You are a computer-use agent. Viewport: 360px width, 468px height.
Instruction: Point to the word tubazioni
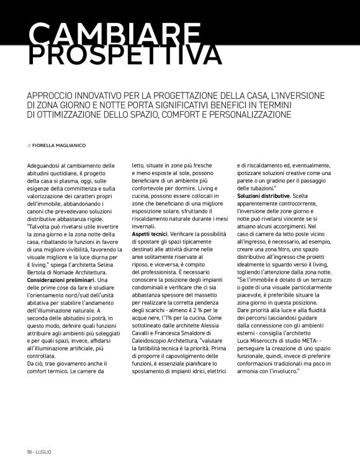point(255,188)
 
